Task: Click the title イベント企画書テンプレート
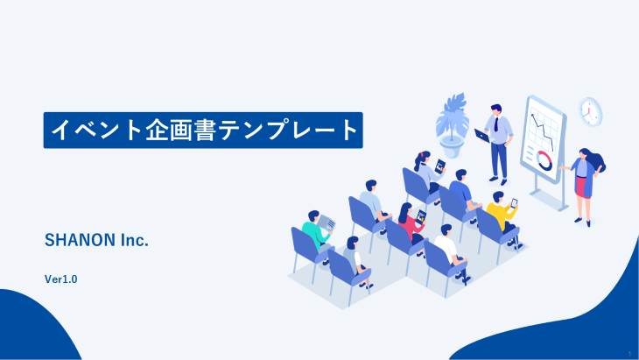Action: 204,130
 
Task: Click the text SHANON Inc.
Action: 96,240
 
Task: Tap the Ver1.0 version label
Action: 60,279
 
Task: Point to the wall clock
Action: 590,112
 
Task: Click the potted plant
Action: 452,125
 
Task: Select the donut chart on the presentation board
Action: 544,160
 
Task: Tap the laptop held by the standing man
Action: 482,136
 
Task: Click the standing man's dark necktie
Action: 496,124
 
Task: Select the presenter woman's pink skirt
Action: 583,187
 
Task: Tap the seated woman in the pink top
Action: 411,224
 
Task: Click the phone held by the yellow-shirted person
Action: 515,203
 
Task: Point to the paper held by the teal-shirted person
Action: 327,223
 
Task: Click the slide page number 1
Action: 629,354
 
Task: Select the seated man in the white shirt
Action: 451,252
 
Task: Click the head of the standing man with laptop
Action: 496,109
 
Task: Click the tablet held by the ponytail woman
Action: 440,166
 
